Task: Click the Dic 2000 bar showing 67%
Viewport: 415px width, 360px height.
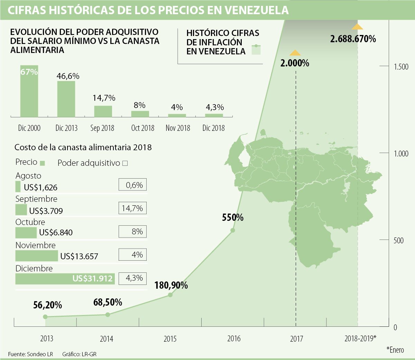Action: pos(29,91)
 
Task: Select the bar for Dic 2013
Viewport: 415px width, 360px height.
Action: pos(66,99)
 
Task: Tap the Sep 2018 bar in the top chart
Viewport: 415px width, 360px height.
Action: pos(103,111)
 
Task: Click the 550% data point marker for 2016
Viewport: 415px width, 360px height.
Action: pos(233,230)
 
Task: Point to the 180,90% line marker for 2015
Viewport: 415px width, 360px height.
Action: pos(170,295)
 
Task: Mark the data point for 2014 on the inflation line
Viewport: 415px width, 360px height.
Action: pos(108,315)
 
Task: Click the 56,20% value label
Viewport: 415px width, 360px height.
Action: pos(48,305)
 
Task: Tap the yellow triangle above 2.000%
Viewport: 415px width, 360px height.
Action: pos(295,53)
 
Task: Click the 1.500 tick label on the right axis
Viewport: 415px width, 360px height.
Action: pos(401,67)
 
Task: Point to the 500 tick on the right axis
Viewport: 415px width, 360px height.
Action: pos(398,240)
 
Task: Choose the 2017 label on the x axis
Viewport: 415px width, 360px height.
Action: pos(296,339)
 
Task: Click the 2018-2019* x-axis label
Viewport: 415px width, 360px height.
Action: pos(360,339)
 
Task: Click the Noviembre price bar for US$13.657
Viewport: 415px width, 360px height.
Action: pos(36,256)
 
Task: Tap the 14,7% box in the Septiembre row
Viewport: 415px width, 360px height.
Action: pos(132,208)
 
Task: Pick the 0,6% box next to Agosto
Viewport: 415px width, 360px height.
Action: pos(132,185)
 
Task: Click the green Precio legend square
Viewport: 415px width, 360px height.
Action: pos(43,163)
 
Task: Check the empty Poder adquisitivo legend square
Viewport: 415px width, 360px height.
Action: pos(125,163)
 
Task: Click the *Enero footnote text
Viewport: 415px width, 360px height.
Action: pos(395,350)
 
